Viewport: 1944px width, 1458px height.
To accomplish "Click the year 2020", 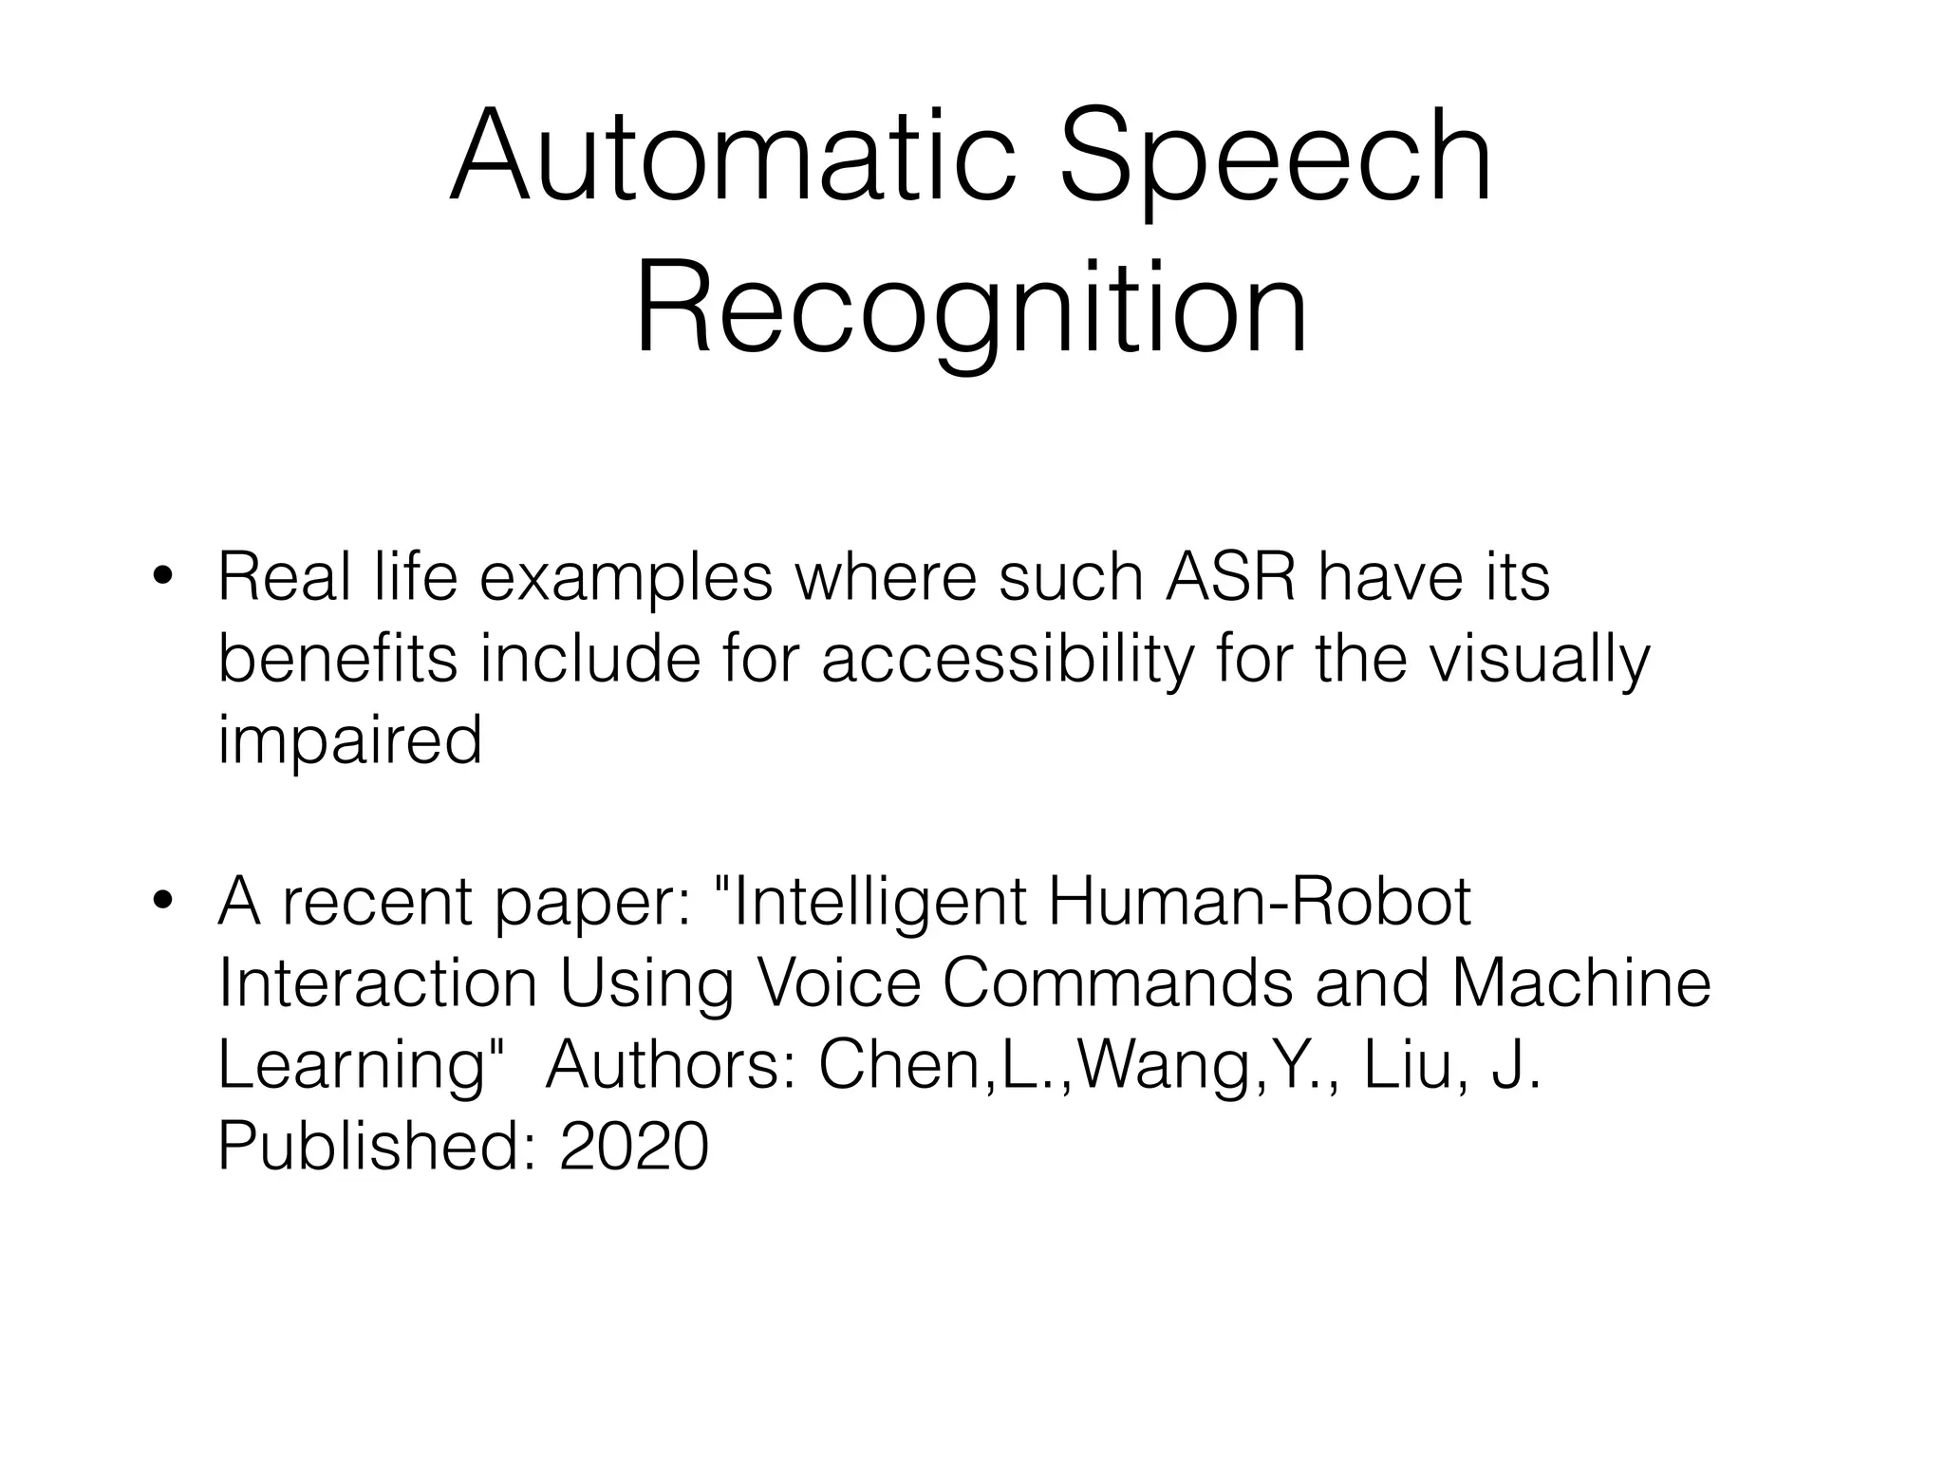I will click(634, 1146).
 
